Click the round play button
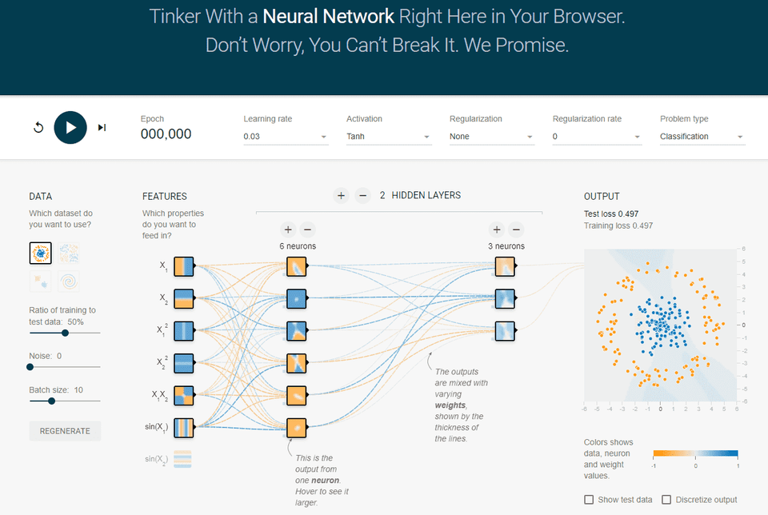(70, 127)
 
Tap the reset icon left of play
(38, 128)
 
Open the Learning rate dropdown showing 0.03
(286, 137)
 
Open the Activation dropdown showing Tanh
(389, 137)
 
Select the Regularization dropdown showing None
(491, 137)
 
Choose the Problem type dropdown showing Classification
(702, 137)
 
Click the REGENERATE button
(65, 431)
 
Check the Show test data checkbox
(590, 500)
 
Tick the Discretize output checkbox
(667, 500)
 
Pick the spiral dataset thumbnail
(69, 281)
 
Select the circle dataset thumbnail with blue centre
(40, 254)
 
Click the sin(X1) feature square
(184, 429)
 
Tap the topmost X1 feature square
(184, 267)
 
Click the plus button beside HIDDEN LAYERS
(341, 195)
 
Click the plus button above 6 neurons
(288, 229)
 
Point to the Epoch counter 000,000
(166, 134)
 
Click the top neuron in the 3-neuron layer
(505, 267)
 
